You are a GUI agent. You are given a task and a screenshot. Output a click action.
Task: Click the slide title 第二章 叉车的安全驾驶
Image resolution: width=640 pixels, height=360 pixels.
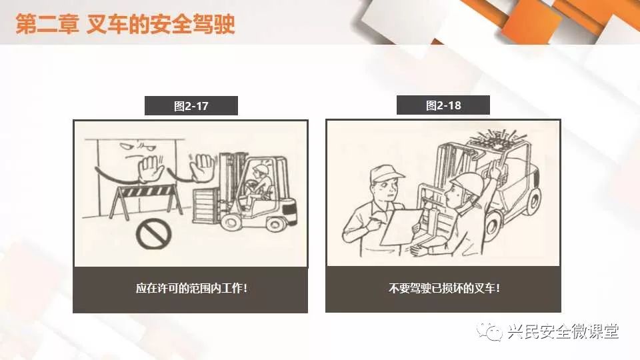(125, 24)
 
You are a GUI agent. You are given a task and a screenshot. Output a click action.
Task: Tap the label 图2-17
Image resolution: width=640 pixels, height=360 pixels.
(191, 106)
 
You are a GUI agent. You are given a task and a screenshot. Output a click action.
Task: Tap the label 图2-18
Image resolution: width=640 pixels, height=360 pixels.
(443, 106)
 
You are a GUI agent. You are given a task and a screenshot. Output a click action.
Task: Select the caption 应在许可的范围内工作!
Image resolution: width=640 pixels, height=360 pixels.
(191, 289)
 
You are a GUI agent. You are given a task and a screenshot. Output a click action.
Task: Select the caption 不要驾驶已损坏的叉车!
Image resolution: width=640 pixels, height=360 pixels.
(444, 289)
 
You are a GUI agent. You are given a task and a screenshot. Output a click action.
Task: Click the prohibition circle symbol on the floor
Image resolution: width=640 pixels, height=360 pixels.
(153, 234)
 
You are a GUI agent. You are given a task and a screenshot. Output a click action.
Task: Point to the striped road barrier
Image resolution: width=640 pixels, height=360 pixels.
(146, 201)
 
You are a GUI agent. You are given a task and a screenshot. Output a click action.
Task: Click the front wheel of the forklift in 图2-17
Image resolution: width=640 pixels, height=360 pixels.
(231, 222)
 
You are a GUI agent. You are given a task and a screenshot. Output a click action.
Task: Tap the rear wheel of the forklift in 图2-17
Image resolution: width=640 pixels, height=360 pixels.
(275, 223)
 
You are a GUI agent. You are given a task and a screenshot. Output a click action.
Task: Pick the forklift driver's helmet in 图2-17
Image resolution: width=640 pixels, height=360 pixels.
(260, 168)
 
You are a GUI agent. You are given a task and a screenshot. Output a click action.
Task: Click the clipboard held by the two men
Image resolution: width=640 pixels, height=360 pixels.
(401, 227)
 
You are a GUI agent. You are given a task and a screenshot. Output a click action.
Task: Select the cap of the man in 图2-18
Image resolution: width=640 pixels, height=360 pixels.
(385, 173)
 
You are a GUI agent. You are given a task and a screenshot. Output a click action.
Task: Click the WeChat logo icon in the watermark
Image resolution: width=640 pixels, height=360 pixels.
(490, 331)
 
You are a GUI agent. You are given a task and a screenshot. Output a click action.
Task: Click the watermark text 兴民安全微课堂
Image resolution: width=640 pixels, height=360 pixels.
(563, 331)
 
